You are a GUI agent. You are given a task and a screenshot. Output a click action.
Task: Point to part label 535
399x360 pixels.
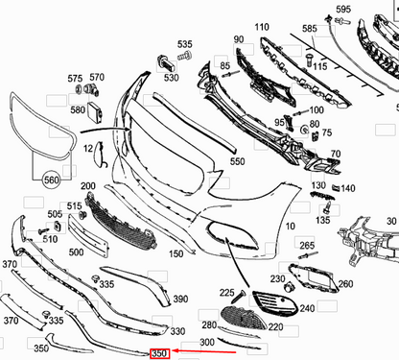pyautogui.click(x=184, y=44)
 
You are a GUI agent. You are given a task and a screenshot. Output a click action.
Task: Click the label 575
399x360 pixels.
pyautogui.click(x=74, y=77)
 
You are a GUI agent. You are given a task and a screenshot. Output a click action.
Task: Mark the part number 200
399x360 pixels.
pyautogui.click(x=87, y=185)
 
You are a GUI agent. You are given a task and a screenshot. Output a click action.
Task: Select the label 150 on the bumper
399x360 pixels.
pyautogui.click(x=176, y=254)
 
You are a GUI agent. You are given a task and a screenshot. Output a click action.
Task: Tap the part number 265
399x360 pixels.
pyautogui.click(x=307, y=246)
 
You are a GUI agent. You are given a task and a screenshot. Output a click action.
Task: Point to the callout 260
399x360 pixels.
pyautogui.click(x=345, y=283)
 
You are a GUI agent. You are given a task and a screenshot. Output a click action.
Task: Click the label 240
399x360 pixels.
pyautogui.click(x=307, y=308)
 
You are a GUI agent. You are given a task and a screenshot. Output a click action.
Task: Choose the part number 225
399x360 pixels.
pyautogui.click(x=226, y=292)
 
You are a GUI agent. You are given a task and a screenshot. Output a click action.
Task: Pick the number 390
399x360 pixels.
pyautogui.click(x=180, y=300)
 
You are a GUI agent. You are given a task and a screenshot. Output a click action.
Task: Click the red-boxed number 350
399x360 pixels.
pyautogui.click(x=159, y=353)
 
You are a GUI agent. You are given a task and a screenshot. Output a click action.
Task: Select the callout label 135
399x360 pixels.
pyautogui.click(x=322, y=220)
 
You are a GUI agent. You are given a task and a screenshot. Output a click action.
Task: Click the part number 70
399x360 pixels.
pyautogui.click(x=334, y=154)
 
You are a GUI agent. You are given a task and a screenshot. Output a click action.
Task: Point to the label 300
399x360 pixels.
pyautogui.click(x=207, y=342)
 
